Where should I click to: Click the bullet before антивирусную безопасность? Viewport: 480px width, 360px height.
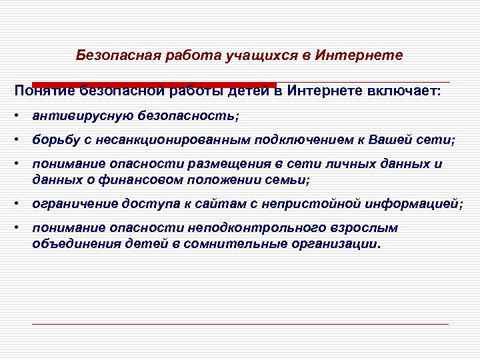tap(15, 115)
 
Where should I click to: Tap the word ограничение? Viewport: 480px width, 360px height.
tap(70, 203)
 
